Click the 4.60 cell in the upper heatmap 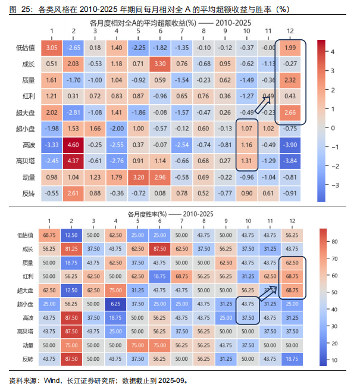pos(73,144)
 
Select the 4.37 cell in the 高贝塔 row pos(73,160)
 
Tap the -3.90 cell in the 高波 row pos(290,144)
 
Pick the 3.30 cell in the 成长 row pos(159,64)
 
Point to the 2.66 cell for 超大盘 pos(290,112)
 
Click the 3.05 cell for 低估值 pos(52,48)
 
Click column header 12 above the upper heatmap pos(290,31)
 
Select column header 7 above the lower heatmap pos(181,222)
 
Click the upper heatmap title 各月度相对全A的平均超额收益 pos(143,22)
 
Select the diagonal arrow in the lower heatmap pos(269,292)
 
